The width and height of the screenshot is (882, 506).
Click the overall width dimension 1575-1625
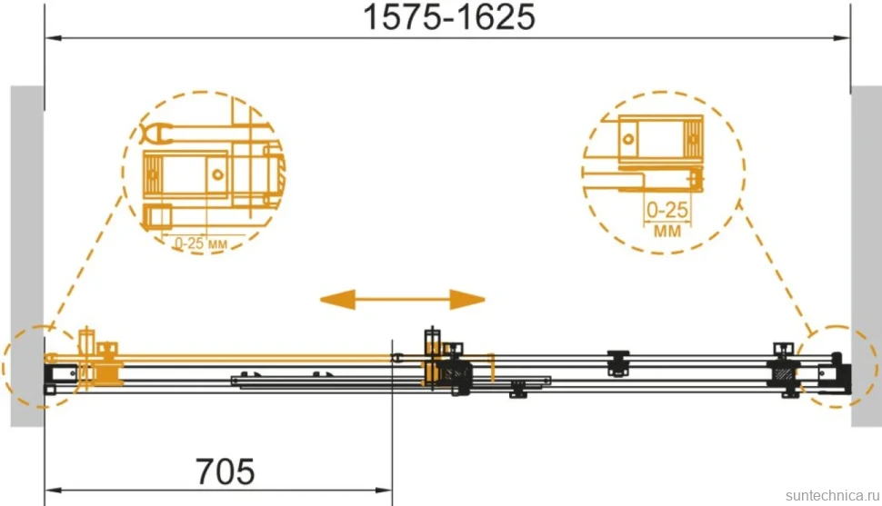pos(449,17)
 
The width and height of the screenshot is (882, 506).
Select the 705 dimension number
pos(225,471)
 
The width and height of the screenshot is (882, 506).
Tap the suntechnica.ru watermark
pos(832,495)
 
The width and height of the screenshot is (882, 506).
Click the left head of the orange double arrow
pos(337,300)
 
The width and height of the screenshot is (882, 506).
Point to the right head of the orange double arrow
pos(467,300)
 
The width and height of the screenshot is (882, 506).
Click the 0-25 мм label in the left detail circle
pos(200,243)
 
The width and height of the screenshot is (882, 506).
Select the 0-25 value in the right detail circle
pos(667,210)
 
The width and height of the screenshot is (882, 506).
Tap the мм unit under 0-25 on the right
pos(667,230)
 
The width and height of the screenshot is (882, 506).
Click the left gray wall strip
pos(27,256)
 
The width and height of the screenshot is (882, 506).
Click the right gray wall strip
pos(867,256)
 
